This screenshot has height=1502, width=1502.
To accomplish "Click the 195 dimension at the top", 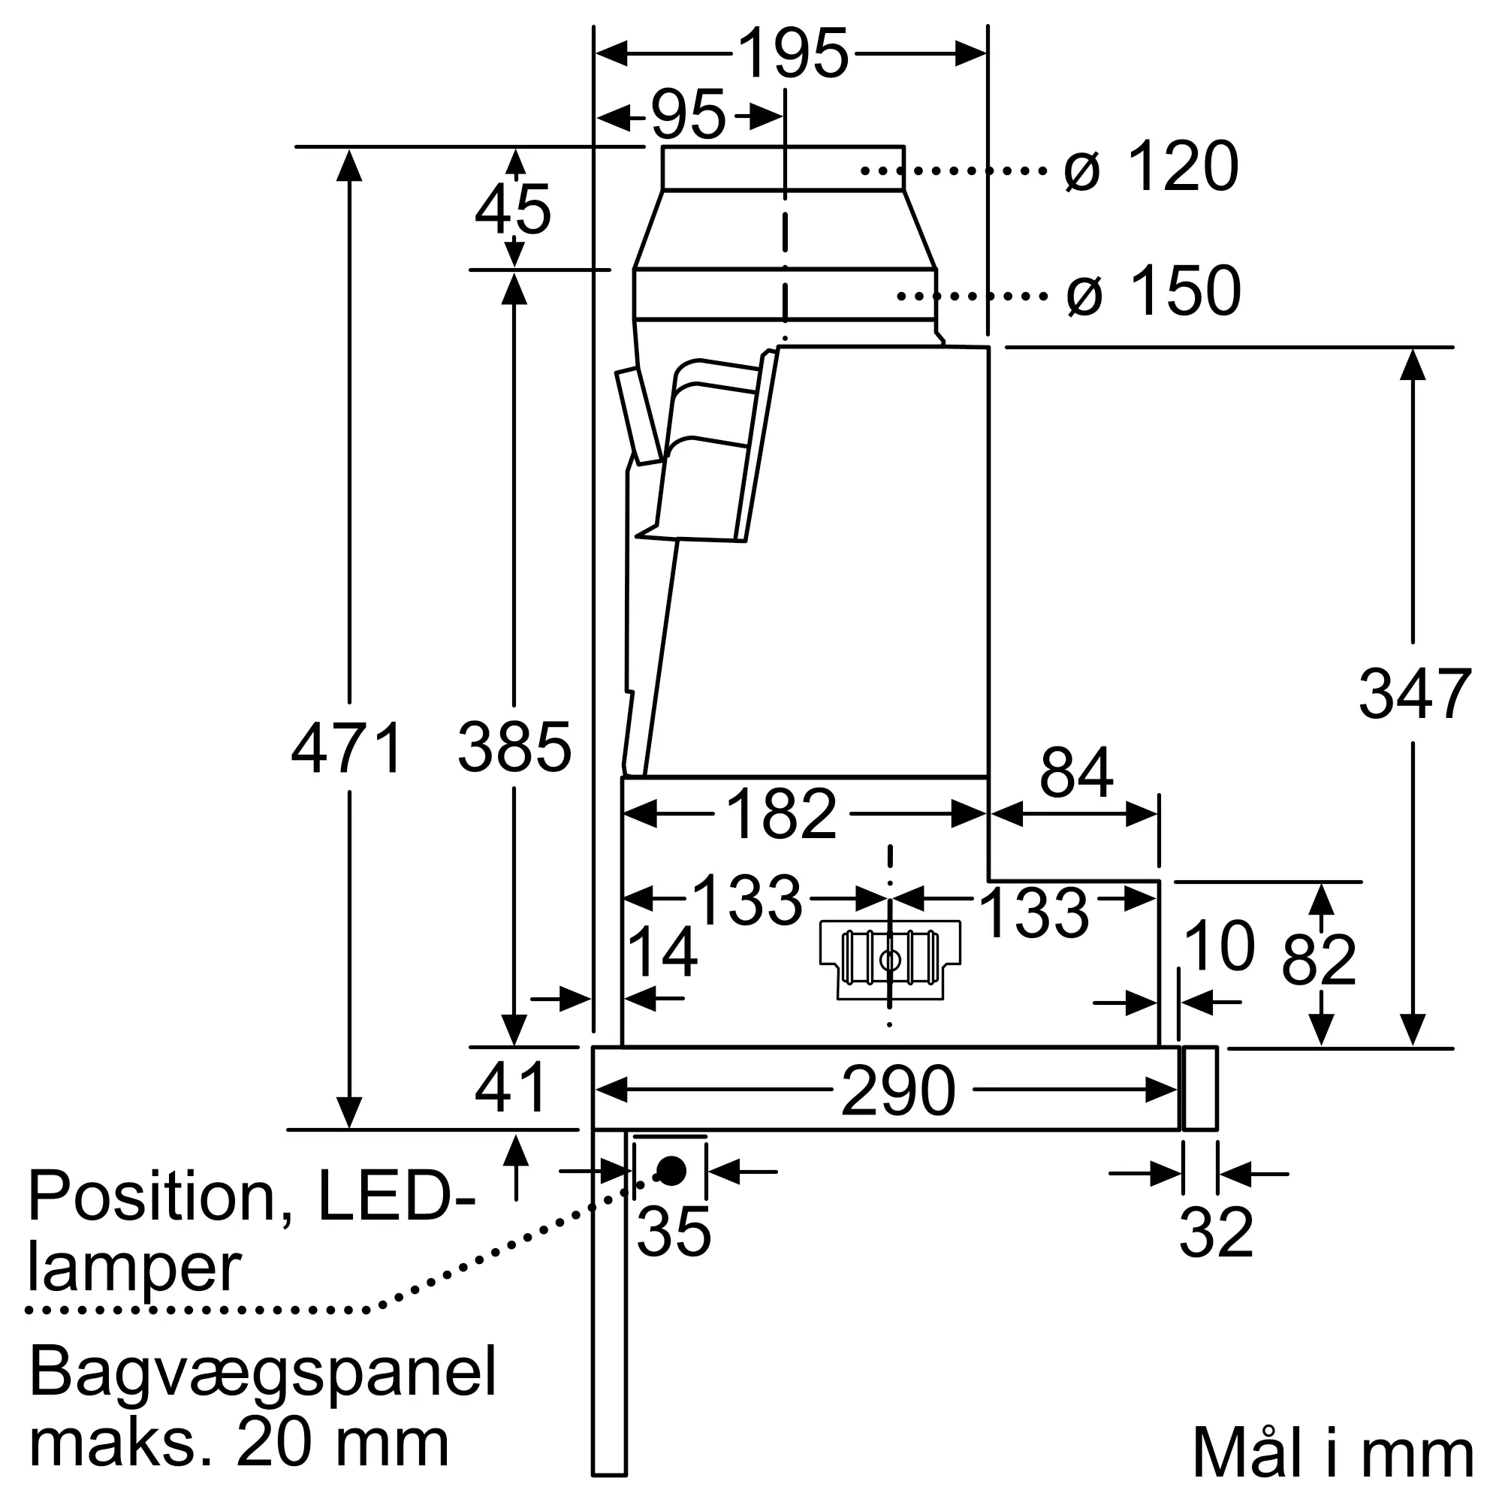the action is pyautogui.click(x=792, y=53).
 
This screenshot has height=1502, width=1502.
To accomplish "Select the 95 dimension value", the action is pyautogui.click(x=688, y=115).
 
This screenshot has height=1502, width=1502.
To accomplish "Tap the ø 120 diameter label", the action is pyautogui.click(x=1151, y=167).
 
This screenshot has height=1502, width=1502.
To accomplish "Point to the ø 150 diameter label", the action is pyautogui.click(x=1154, y=291).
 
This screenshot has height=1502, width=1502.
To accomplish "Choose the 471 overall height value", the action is pyautogui.click(x=347, y=748).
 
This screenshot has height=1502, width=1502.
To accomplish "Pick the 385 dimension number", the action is pyautogui.click(x=514, y=748).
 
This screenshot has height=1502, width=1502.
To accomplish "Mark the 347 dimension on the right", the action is pyautogui.click(x=1415, y=694).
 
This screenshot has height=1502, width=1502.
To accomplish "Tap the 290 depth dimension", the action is pyautogui.click(x=899, y=1090).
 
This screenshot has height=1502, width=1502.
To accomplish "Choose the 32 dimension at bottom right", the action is pyautogui.click(x=1217, y=1232).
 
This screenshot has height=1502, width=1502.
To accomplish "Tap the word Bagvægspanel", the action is pyautogui.click(x=263, y=1374).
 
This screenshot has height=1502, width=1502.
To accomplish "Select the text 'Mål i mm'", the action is pyautogui.click(x=1333, y=1452).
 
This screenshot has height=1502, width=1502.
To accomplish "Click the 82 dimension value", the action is pyautogui.click(x=1320, y=959).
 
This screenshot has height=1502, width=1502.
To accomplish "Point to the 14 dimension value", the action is pyautogui.click(x=662, y=951).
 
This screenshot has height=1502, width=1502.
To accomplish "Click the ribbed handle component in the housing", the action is pyautogui.click(x=890, y=959).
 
